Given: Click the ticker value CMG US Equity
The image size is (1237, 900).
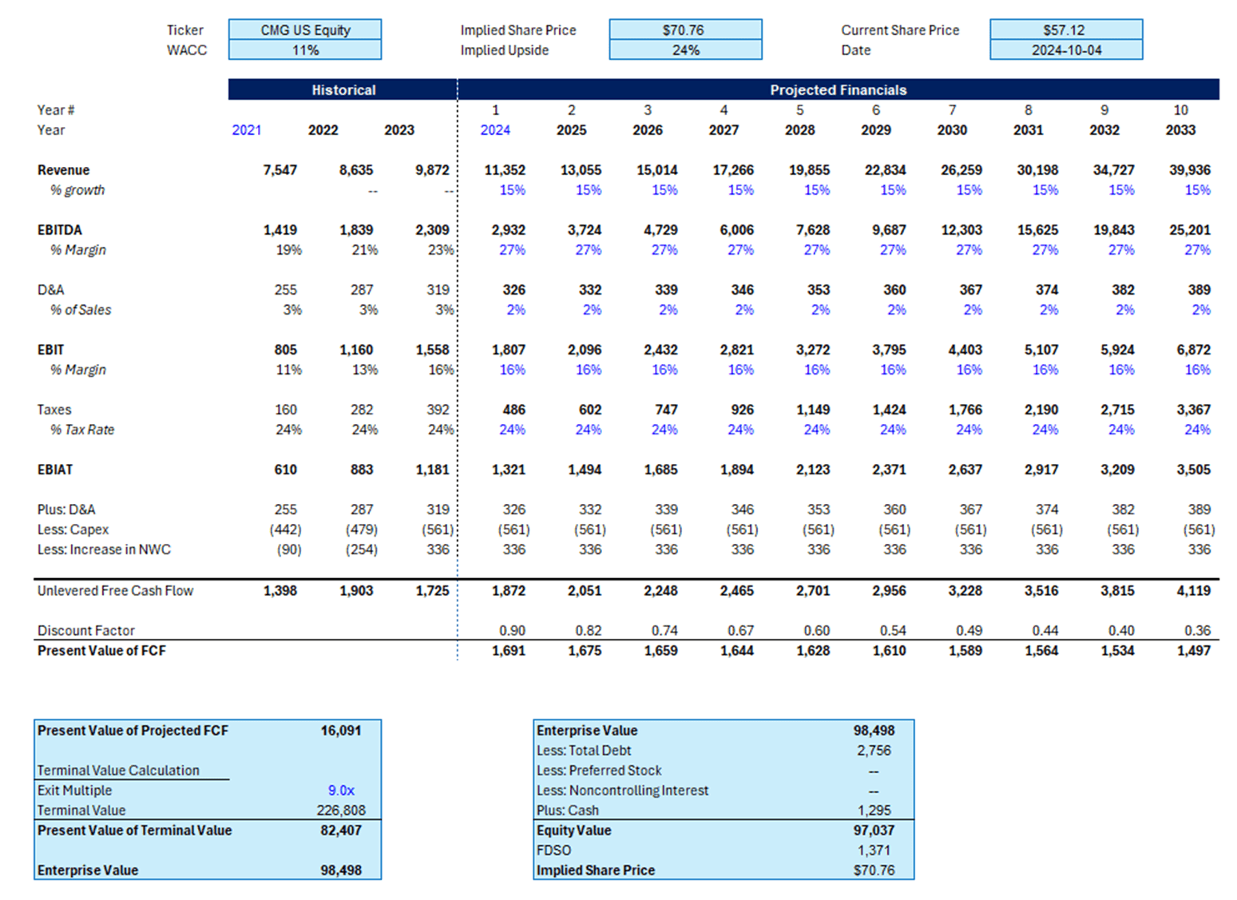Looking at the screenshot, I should point(305,30).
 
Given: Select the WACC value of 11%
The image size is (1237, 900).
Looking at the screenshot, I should point(305,50).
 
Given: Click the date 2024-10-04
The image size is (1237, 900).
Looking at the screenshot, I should point(1066,50).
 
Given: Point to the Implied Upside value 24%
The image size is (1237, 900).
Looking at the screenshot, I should point(685,50).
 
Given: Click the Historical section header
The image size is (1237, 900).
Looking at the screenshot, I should point(343,90).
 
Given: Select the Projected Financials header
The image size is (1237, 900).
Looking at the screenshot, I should point(838,90).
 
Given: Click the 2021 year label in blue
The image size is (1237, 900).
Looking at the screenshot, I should point(247,130).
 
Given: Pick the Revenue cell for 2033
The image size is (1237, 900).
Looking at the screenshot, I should point(1190,170).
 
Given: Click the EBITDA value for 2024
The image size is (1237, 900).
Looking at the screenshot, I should point(508,230).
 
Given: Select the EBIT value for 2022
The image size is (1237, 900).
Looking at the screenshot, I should point(356,350).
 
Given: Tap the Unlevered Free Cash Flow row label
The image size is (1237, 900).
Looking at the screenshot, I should point(115,591).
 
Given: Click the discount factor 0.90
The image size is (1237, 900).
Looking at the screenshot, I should point(512,631).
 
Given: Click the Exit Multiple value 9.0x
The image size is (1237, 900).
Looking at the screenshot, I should point(341,791).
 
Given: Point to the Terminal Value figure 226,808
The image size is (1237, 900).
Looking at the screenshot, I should point(341,811).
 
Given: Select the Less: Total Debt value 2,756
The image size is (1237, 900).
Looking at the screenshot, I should point(874,751).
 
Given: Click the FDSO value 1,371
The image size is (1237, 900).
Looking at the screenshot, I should point(874,850).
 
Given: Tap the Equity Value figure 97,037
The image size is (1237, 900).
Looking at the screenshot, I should point(874,831).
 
